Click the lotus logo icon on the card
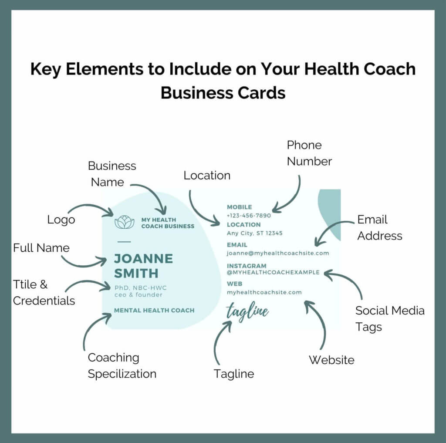click(124, 222)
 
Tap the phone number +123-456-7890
click(249, 216)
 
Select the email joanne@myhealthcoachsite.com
click(278, 253)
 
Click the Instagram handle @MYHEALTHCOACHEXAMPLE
click(273, 272)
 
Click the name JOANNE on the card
click(143, 259)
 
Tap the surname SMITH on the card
click(136, 274)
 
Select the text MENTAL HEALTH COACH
click(154, 311)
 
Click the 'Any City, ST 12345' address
click(254, 233)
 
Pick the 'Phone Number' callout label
click(309, 153)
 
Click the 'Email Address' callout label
click(380, 228)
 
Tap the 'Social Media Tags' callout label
click(390, 319)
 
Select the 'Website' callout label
click(331, 360)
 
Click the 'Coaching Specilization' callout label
click(122, 365)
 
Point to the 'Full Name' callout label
click(41, 248)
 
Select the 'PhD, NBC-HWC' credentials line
click(141, 287)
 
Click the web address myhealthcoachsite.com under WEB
click(264, 292)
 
